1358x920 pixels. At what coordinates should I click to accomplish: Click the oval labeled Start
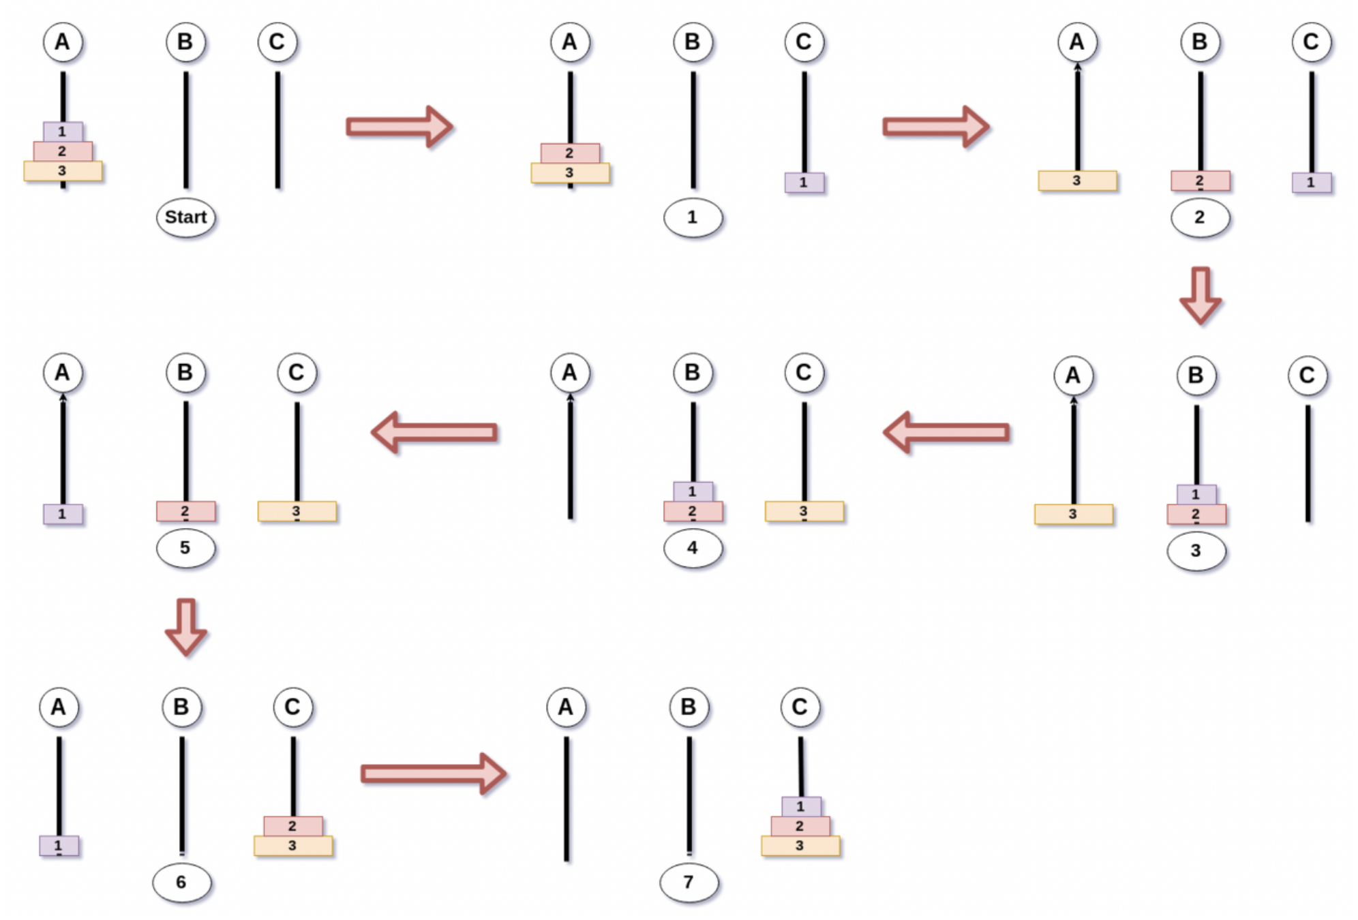coord(185,217)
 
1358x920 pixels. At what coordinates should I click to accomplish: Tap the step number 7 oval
coord(689,883)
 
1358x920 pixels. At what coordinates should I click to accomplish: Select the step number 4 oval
coord(693,548)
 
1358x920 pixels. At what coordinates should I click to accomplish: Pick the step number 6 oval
coord(181,883)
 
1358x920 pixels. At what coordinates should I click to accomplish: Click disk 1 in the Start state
coord(63,132)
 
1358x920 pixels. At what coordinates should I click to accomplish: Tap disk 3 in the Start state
coord(63,171)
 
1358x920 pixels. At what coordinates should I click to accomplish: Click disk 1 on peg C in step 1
coord(804,183)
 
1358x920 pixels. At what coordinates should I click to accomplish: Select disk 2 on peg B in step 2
coord(1200,181)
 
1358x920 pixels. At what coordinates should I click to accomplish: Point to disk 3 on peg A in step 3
coord(1073,514)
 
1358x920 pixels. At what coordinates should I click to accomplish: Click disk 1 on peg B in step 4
coord(693,491)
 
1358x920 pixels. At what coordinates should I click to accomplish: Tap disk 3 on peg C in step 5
coord(297,511)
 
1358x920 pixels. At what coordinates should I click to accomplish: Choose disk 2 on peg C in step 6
coord(292,826)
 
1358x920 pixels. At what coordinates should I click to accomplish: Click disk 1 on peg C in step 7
coord(800,806)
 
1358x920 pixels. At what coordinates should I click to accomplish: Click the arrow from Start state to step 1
coord(399,127)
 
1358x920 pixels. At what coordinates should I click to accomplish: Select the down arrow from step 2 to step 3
coord(1200,295)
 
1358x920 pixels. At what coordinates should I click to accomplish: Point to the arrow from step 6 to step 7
coord(433,773)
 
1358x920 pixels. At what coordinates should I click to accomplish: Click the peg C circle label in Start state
coord(277,42)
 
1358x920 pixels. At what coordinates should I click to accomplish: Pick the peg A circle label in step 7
coord(566,707)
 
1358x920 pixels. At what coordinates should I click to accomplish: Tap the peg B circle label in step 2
coord(1200,42)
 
